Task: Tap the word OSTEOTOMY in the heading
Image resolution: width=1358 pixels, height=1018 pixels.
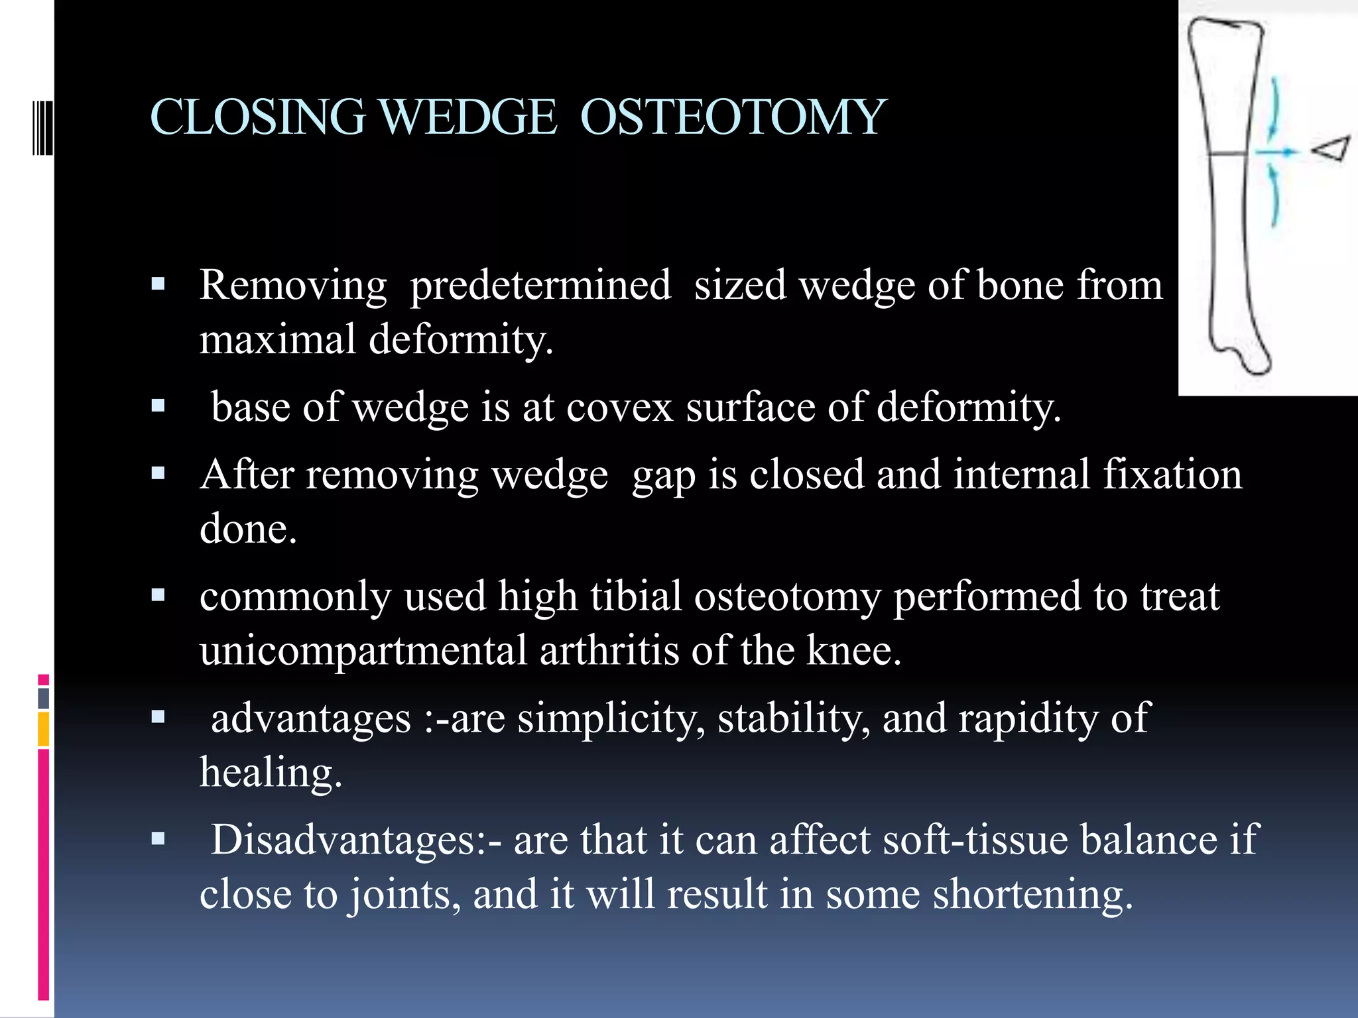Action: (x=733, y=117)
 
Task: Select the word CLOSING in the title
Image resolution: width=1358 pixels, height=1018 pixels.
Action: (x=258, y=117)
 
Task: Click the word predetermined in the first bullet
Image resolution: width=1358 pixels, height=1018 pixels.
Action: (x=540, y=286)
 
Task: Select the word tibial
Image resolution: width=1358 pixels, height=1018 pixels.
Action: (x=636, y=596)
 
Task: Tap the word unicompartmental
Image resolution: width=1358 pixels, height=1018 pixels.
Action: (x=363, y=650)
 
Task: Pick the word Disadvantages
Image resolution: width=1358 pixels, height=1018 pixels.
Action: (x=356, y=840)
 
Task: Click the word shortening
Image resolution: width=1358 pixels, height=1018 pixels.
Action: (x=1032, y=894)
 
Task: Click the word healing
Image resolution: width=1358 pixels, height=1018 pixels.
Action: (x=271, y=773)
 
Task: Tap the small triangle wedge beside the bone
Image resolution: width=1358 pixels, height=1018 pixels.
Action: (x=1331, y=148)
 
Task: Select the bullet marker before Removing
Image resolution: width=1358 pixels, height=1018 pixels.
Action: (x=158, y=286)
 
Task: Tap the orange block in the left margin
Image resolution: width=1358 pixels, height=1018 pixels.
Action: (x=43, y=729)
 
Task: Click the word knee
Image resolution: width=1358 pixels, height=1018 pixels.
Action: (x=853, y=650)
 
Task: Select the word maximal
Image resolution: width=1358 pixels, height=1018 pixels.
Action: (x=277, y=340)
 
